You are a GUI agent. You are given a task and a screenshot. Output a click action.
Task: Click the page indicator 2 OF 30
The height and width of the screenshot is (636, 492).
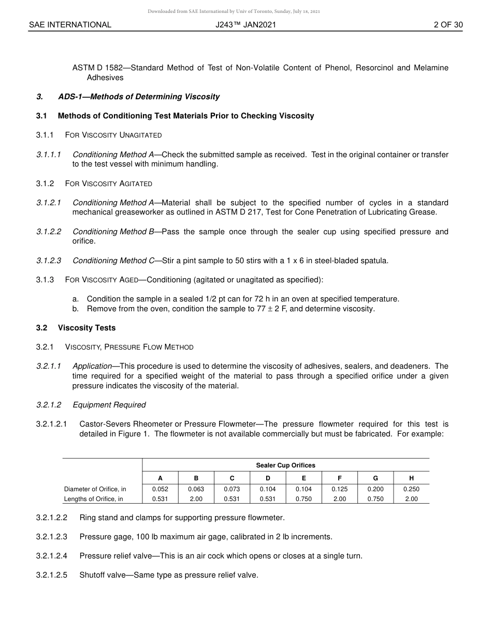[x=448, y=25]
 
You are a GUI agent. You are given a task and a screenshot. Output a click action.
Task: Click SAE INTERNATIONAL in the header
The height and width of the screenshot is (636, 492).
[x=70, y=25]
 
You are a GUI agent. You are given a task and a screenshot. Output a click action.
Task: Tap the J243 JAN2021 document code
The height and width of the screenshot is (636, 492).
[x=246, y=25]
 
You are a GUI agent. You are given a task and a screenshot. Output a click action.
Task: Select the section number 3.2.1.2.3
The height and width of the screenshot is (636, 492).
[x=52, y=537]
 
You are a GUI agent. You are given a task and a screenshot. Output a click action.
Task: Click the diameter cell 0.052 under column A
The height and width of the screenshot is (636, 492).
[x=160, y=489]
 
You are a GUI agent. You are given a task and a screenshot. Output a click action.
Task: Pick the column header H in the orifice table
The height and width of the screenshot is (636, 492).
[x=411, y=478]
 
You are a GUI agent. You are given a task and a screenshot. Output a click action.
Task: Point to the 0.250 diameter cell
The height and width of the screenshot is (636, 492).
[x=411, y=489]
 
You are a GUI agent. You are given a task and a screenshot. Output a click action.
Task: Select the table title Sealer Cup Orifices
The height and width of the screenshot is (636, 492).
[x=285, y=465]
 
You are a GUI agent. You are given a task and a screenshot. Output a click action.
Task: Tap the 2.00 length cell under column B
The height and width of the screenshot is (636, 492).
[x=196, y=499]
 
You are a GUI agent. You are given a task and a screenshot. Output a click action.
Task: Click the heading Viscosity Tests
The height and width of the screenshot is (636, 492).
[x=86, y=328]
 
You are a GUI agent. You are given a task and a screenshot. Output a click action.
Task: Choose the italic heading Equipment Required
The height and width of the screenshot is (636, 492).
[x=109, y=405]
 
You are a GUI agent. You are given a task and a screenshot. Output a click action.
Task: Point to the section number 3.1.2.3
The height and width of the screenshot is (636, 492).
[x=49, y=261]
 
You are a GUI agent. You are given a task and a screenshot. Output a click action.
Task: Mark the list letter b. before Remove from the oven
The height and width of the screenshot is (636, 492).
[x=76, y=309]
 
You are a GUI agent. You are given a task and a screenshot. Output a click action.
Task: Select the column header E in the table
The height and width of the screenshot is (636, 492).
[x=303, y=478]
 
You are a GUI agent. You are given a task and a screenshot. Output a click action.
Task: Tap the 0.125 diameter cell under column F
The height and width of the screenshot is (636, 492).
[x=339, y=489]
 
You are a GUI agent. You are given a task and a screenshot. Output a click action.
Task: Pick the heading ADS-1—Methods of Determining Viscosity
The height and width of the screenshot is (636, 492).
[x=139, y=97]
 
